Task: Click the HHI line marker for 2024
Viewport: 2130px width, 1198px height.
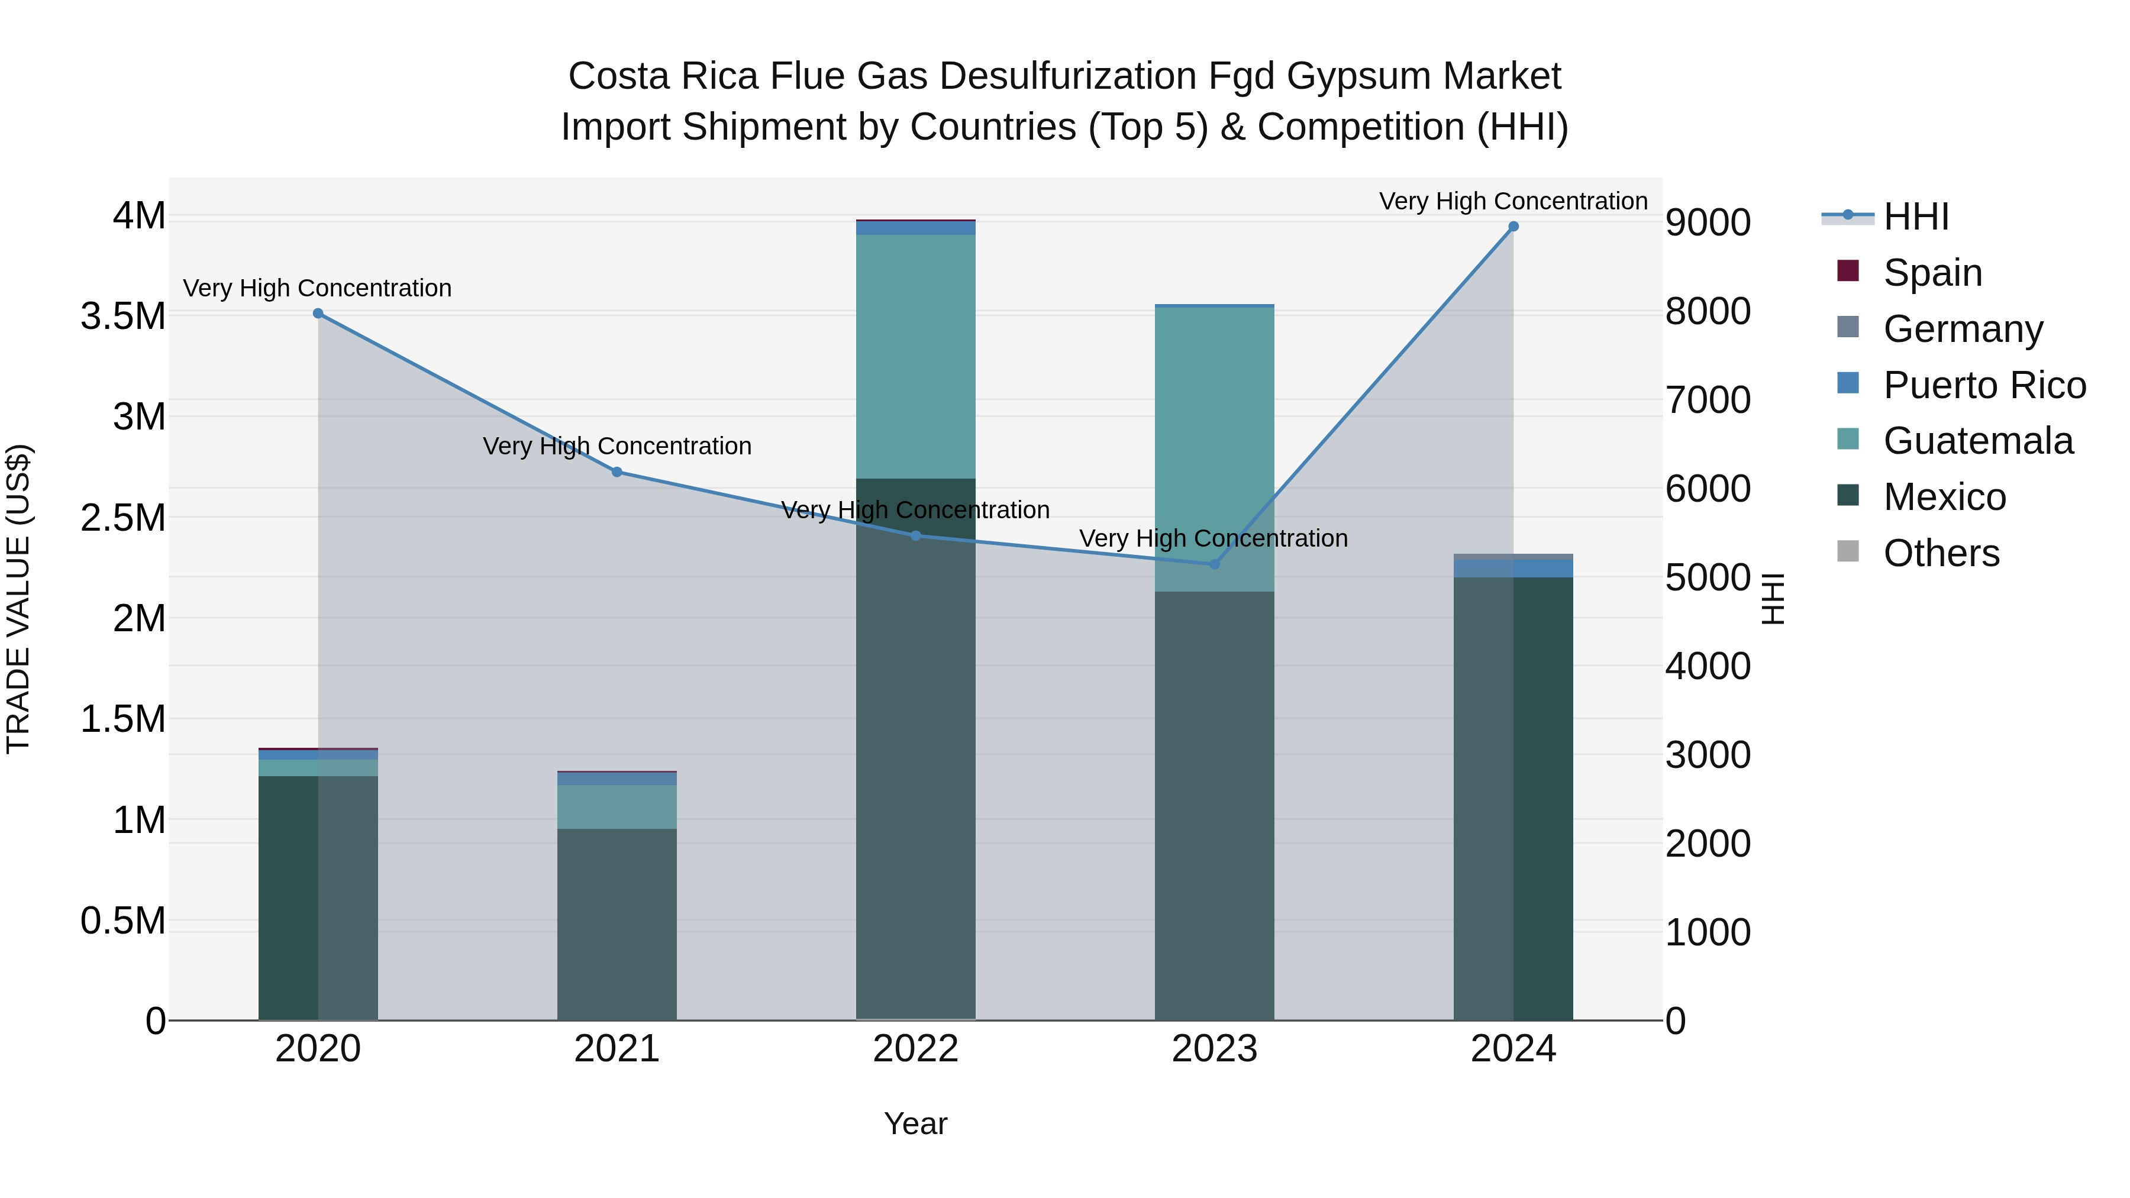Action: point(1513,227)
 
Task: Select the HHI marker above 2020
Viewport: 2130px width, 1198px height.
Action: point(318,314)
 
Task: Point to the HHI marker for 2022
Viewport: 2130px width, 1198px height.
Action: point(915,536)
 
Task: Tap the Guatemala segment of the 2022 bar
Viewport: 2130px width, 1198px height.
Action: point(915,356)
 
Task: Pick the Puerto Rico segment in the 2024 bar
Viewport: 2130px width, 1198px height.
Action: point(1513,568)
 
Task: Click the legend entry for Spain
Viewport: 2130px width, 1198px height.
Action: point(1932,273)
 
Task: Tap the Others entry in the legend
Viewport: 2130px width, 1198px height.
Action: point(1941,553)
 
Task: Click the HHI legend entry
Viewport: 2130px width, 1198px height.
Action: point(1916,217)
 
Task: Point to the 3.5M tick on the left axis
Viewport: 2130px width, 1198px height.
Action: point(123,317)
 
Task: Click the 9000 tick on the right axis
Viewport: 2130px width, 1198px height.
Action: point(1708,223)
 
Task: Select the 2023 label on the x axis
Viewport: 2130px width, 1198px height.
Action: point(1214,1049)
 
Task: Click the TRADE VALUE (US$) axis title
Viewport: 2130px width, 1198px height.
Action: point(18,599)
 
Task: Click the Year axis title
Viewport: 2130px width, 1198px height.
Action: point(915,1123)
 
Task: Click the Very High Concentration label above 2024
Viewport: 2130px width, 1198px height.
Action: point(1513,201)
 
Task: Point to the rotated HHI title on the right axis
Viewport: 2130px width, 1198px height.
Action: point(1773,599)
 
